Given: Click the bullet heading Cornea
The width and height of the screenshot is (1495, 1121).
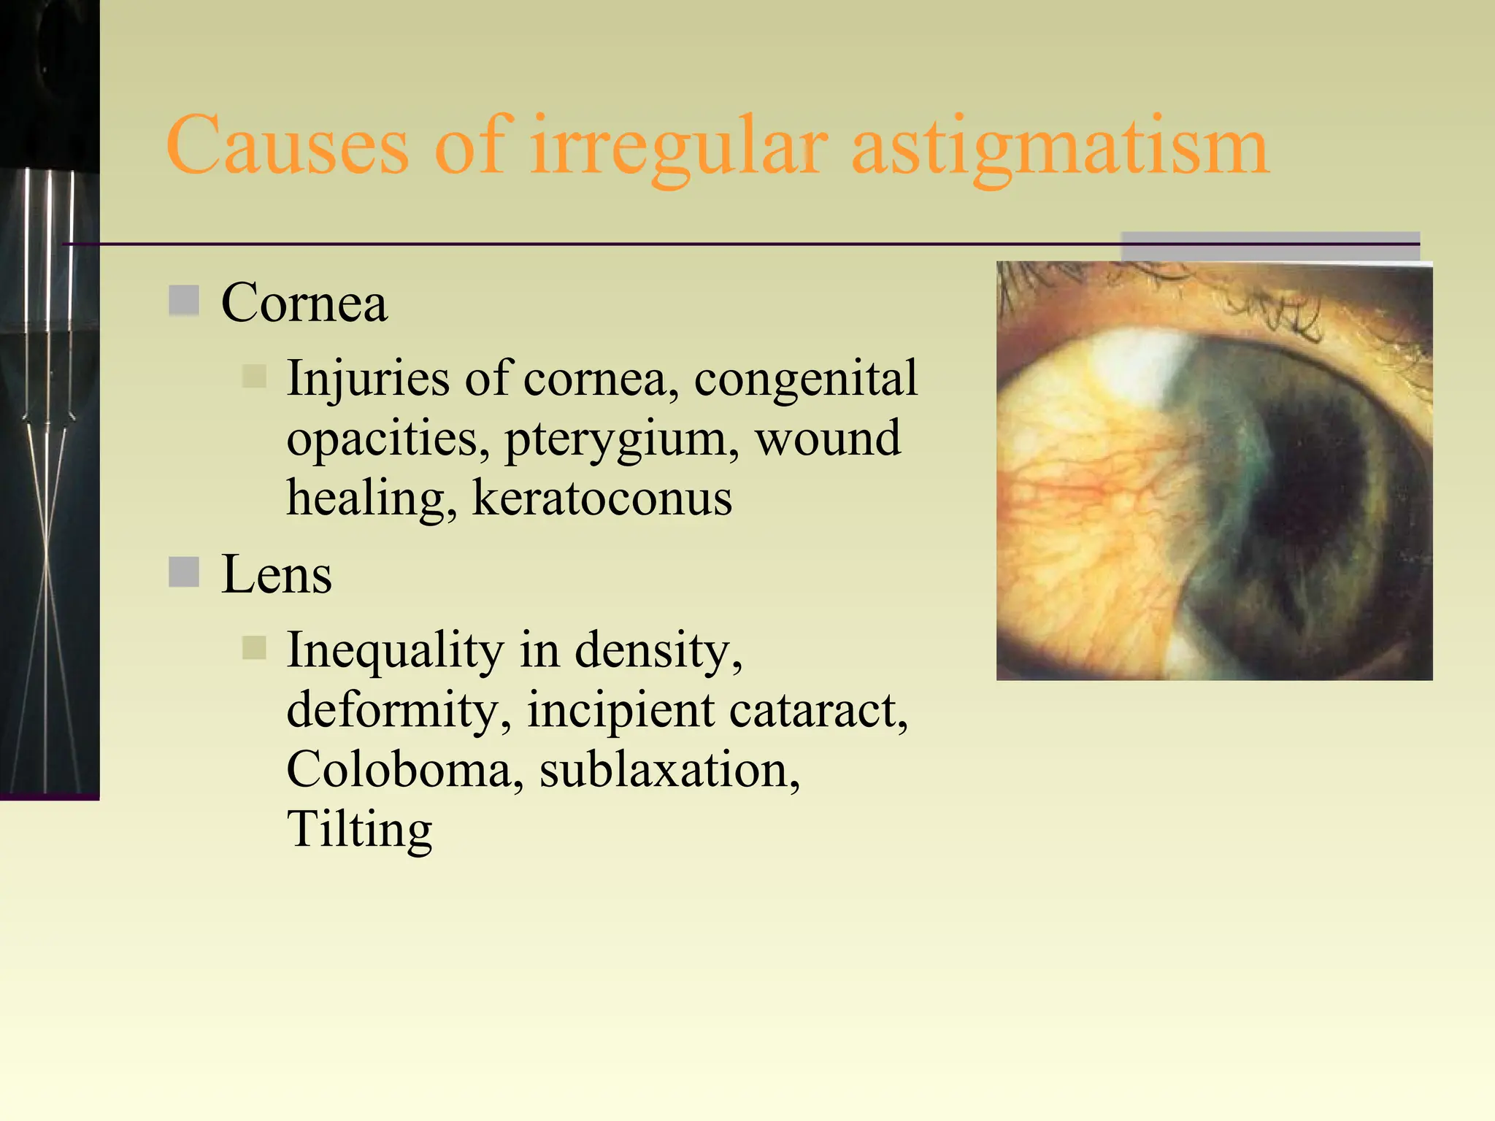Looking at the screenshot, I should point(304,303).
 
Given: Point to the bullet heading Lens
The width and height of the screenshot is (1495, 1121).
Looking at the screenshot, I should point(277,575).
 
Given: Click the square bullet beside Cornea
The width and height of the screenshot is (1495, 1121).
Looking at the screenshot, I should point(184,301).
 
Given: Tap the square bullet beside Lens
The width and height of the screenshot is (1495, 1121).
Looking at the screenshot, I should point(184,572).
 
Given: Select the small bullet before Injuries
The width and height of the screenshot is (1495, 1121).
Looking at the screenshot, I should point(254,377).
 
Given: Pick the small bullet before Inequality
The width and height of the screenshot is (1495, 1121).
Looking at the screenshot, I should point(254,648).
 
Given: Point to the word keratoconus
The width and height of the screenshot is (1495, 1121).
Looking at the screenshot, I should point(602,498).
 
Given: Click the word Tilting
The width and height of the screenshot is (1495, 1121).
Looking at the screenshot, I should point(359,830).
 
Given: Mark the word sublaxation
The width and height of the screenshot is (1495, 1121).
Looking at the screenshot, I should point(669,770).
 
